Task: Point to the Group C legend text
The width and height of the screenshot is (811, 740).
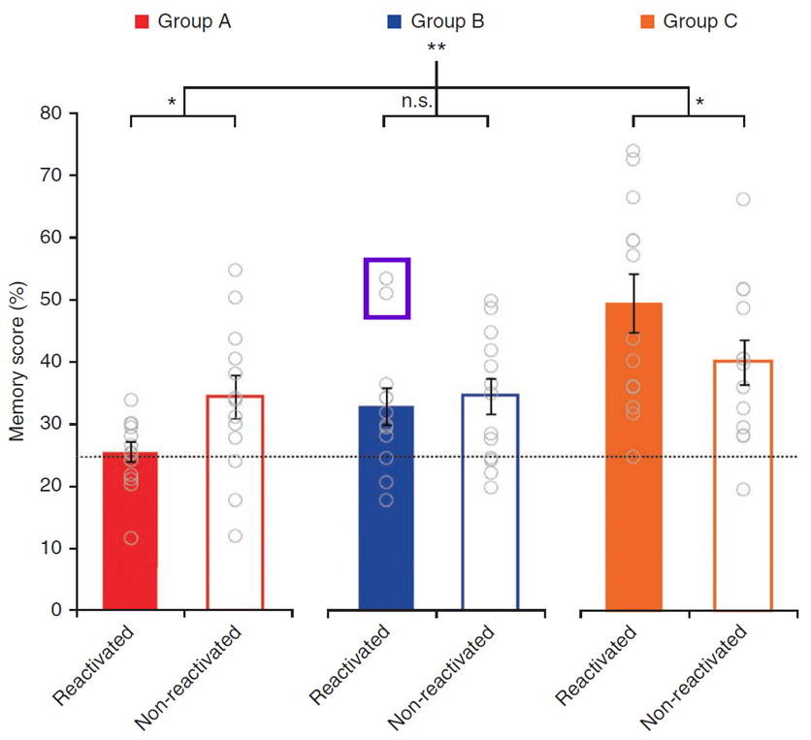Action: click(x=701, y=21)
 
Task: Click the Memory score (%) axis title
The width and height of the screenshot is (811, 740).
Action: click(x=17, y=362)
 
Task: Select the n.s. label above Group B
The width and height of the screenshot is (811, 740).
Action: click(x=417, y=100)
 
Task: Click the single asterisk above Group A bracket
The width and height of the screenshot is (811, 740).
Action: click(x=171, y=102)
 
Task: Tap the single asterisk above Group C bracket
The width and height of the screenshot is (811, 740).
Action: click(x=699, y=102)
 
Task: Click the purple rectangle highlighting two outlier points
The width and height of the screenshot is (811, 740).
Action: click(x=386, y=288)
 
